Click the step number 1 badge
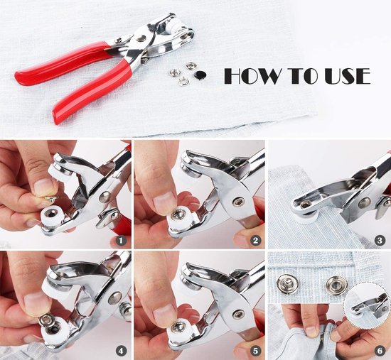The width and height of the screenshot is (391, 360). pyautogui.click(x=121, y=241)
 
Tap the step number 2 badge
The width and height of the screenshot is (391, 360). pyautogui.click(x=256, y=241)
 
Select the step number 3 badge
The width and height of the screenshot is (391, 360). pyautogui.click(x=380, y=241)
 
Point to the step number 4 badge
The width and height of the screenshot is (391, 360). pyautogui.click(x=121, y=351)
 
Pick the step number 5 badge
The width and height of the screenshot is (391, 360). pyautogui.click(x=256, y=351)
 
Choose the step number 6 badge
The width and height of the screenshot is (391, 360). pyautogui.click(x=380, y=351)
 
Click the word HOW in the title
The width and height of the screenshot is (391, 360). pyautogui.click(x=254, y=76)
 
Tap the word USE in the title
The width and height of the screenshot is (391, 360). pyautogui.click(x=348, y=76)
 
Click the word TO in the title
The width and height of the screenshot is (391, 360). pyautogui.click(x=304, y=76)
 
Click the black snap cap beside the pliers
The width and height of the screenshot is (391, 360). pyautogui.click(x=200, y=74)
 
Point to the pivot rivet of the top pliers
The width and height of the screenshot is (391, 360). pyautogui.click(x=141, y=38)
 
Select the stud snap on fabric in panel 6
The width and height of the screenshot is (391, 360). pyautogui.click(x=286, y=284)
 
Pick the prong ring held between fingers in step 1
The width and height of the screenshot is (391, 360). pyautogui.click(x=51, y=198)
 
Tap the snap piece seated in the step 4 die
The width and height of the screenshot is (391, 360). pyautogui.click(x=46, y=320)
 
